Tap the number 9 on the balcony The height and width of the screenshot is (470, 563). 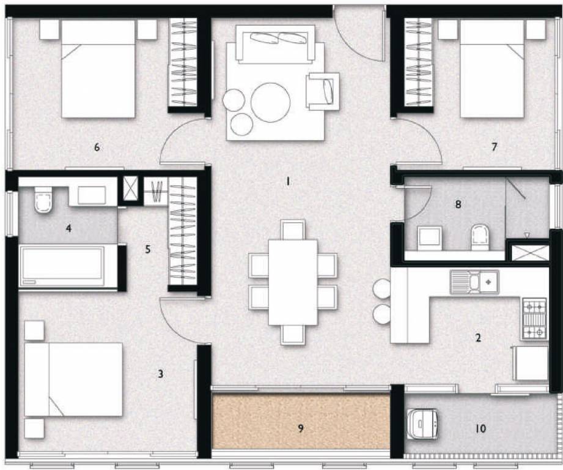300,428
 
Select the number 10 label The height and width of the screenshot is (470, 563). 480,429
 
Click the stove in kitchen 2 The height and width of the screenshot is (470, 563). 534,318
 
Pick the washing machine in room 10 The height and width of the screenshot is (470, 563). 424,425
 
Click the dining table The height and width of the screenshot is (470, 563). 293,282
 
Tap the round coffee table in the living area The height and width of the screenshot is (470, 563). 271,102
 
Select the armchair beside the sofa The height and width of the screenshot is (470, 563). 323,91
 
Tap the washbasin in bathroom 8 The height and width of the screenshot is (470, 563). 430,237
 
